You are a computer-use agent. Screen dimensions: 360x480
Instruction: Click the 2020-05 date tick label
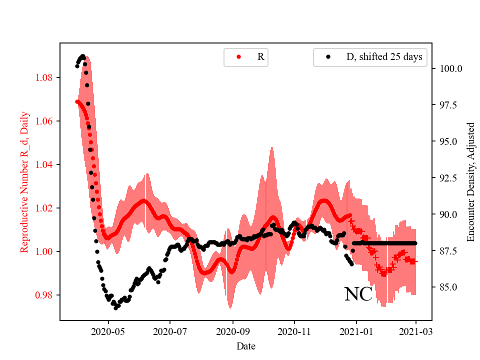108,331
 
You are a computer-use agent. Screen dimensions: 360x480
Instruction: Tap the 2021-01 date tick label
356,331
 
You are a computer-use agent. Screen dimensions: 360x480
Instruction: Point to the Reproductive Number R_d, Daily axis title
24,182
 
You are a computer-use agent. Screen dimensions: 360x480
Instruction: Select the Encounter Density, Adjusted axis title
470,182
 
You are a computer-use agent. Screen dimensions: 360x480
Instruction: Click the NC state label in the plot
358,294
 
